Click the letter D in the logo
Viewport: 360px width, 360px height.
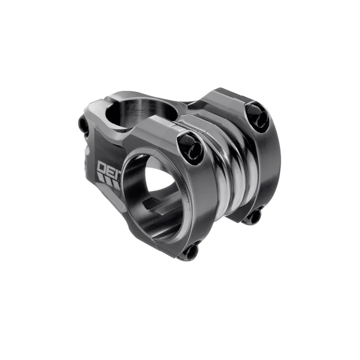(x=102, y=167)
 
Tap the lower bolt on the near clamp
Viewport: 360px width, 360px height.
(x=189, y=251)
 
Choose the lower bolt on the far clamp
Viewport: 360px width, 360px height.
(x=253, y=216)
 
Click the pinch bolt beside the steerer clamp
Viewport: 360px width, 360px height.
(x=84, y=125)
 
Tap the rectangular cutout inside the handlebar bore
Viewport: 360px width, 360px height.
(x=153, y=209)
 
